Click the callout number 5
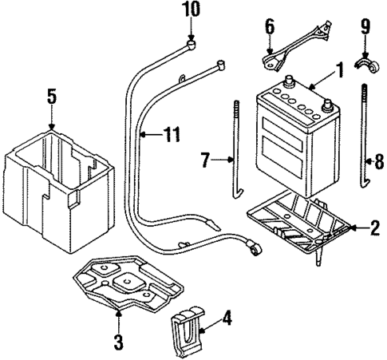click(51, 98)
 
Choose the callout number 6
click(271, 29)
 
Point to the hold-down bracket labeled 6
click(296, 45)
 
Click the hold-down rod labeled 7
click(237, 160)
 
